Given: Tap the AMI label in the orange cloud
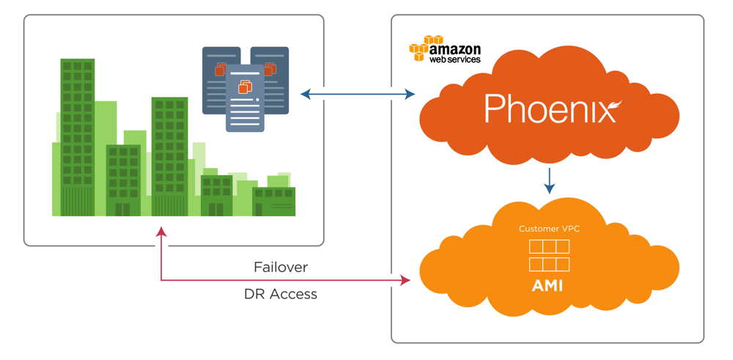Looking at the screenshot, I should tap(547, 284).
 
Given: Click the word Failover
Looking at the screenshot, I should tap(281, 266).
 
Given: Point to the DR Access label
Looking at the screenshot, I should tap(281, 294).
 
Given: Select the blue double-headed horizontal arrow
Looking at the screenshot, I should tap(358, 94).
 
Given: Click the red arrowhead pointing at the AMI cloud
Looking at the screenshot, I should tap(405, 280).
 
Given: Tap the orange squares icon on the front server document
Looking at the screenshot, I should tap(245, 87).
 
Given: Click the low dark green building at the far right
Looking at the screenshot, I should tap(273, 202).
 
